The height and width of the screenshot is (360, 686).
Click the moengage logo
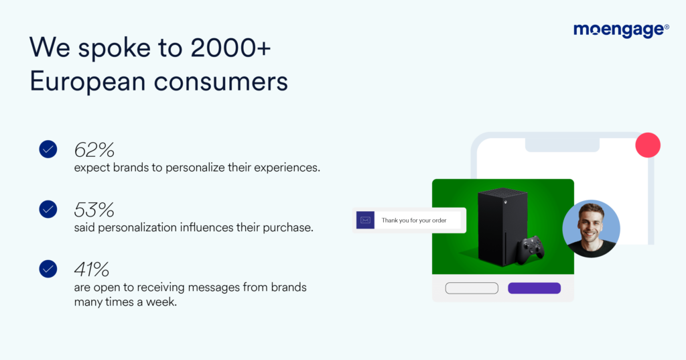point(621,30)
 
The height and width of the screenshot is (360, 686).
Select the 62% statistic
point(94,149)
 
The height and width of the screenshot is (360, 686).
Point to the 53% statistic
point(94,210)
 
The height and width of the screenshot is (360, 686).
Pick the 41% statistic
point(92,269)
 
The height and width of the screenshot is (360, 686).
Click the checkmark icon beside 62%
point(48,149)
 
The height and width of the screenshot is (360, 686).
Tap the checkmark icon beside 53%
point(48,210)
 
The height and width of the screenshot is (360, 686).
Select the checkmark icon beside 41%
point(48,269)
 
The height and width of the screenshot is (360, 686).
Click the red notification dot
point(648,145)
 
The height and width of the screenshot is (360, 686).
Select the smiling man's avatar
point(591,229)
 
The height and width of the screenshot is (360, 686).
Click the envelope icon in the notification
point(365,220)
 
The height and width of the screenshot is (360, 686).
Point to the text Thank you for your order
point(413,220)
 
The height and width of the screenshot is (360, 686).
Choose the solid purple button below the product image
point(534,288)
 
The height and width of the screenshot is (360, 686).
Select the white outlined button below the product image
point(472,288)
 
